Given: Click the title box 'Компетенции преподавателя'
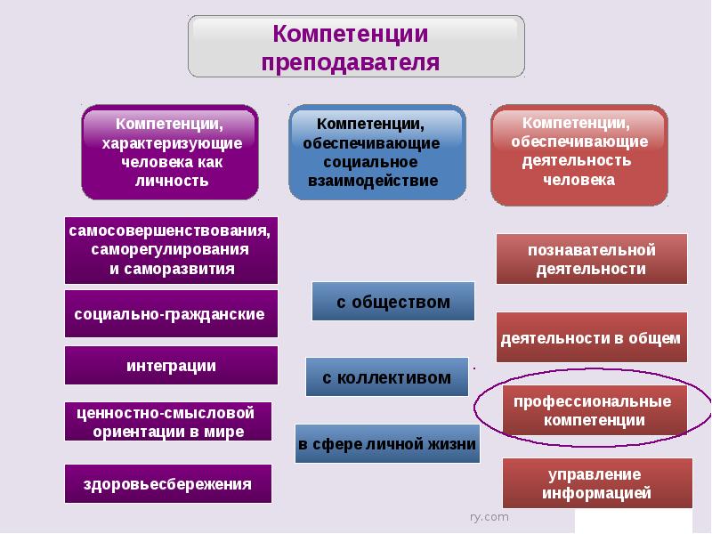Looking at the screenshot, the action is [356, 46].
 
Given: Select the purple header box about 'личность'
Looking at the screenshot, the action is [170, 152].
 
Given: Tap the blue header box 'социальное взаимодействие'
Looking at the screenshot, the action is [376, 152].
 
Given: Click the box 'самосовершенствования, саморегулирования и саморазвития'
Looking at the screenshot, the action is [171, 250].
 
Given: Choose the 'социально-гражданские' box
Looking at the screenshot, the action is [171, 315].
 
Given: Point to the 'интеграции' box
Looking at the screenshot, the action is [171, 366].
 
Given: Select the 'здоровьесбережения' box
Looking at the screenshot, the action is [167, 484].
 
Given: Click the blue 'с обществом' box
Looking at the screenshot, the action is [392, 302].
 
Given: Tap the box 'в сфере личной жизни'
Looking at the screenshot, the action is [387, 443].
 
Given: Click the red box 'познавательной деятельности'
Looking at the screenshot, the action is [591, 259].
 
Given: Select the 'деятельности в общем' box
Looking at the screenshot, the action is [591, 337].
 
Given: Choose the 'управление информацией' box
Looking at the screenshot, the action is [597, 483].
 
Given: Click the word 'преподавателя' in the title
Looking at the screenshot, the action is [351, 62].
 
